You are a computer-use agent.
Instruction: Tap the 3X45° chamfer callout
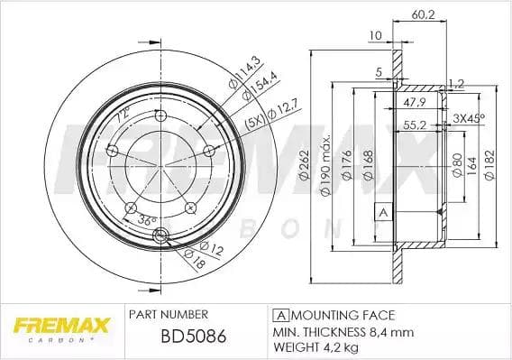(x=468, y=118)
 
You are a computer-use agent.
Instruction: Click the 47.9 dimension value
(x=414, y=102)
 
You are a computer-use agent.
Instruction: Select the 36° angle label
(x=147, y=219)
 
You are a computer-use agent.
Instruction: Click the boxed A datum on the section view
(x=381, y=213)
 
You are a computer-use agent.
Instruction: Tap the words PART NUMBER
(x=169, y=314)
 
